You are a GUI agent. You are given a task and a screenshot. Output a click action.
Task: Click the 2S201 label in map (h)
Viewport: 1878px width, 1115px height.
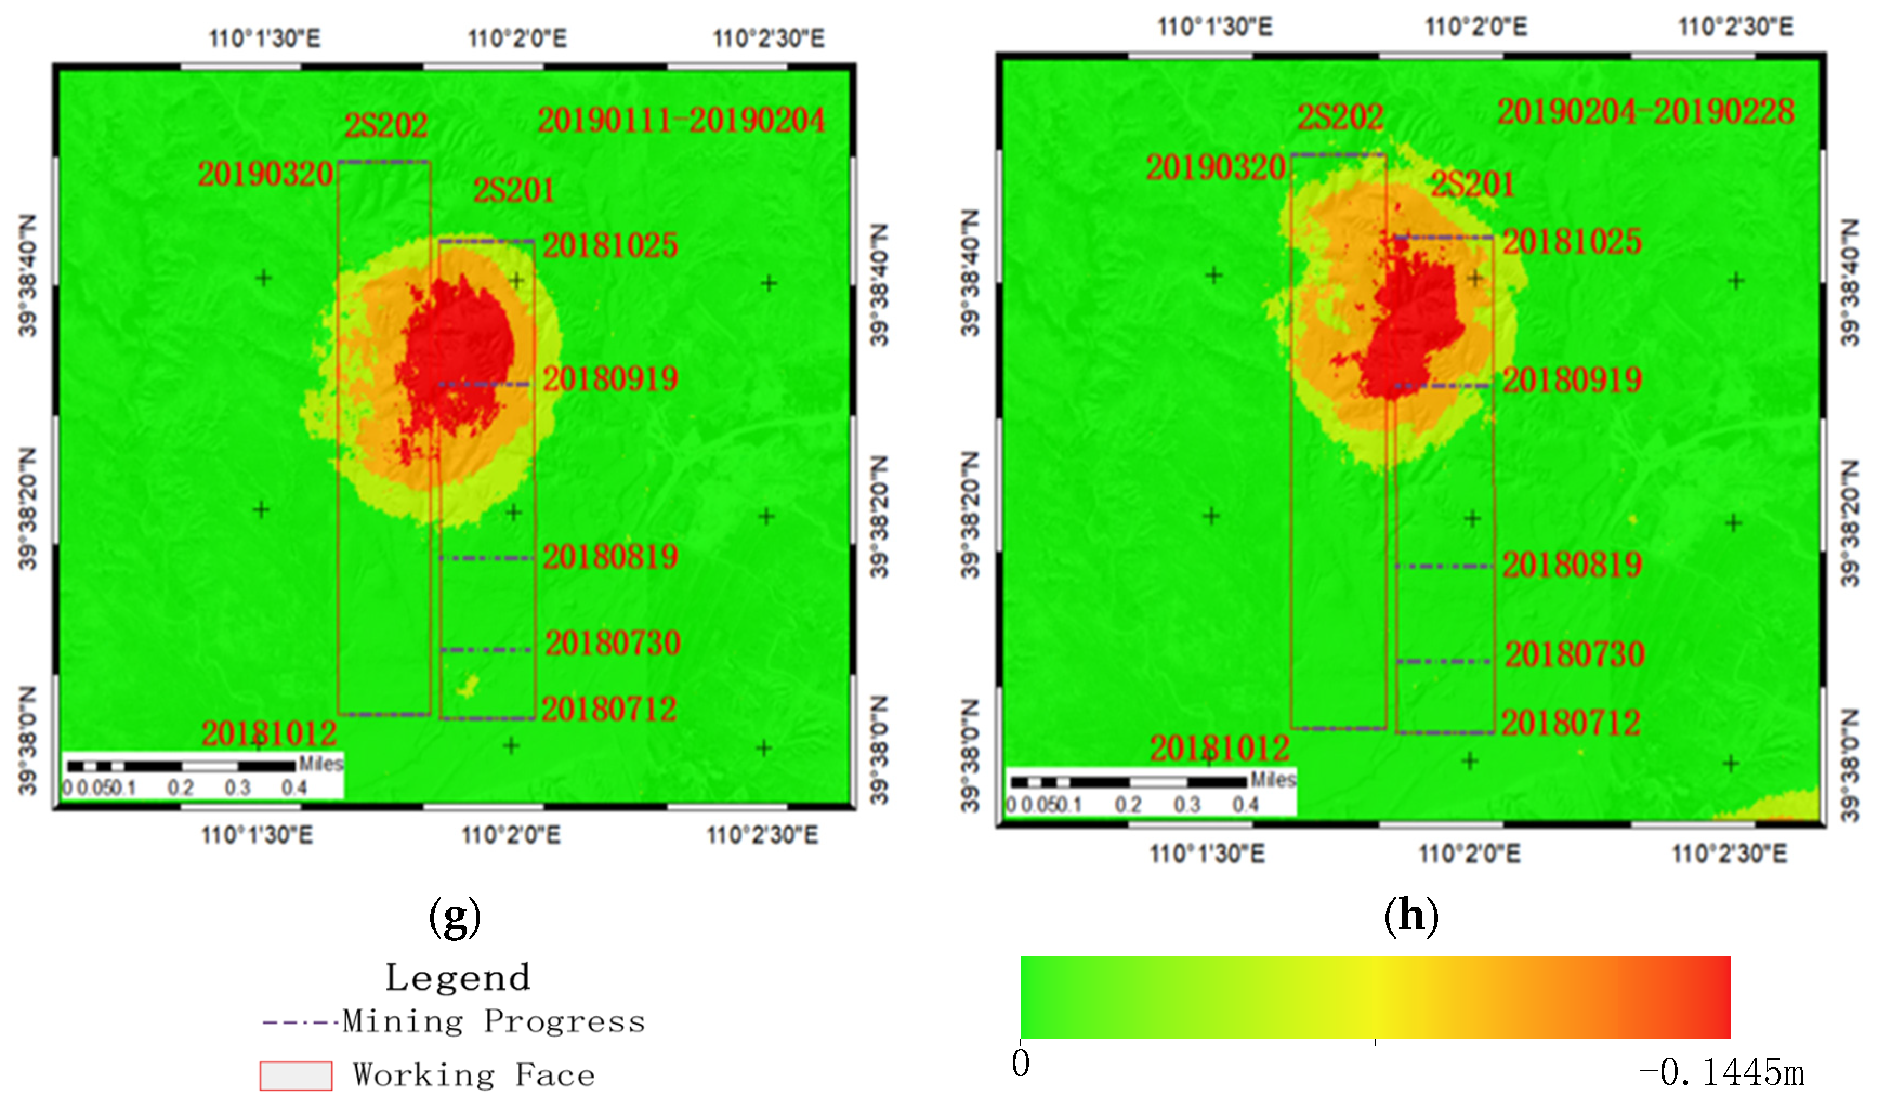click(1472, 184)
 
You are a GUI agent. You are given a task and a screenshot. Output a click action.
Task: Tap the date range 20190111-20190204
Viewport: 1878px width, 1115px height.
click(681, 121)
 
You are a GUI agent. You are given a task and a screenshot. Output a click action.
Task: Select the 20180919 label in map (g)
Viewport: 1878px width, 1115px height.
click(610, 379)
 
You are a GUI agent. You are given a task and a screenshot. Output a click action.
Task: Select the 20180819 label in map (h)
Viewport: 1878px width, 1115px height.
click(1572, 565)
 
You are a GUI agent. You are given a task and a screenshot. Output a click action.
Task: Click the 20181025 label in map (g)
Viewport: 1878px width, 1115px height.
click(610, 246)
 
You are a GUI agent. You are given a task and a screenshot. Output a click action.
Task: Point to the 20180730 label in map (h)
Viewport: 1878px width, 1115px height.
click(1574, 654)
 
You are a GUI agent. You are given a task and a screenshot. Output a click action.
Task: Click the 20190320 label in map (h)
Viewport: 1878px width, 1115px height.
click(1216, 167)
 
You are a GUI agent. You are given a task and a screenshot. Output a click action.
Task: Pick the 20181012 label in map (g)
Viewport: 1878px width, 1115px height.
click(269, 733)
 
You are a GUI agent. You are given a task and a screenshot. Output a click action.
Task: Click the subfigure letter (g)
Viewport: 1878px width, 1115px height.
click(455, 917)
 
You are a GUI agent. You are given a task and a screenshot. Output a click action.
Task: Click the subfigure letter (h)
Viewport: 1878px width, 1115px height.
click(1411, 916)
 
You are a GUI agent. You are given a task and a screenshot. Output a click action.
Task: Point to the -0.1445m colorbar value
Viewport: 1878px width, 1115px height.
click(1721, 1072)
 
